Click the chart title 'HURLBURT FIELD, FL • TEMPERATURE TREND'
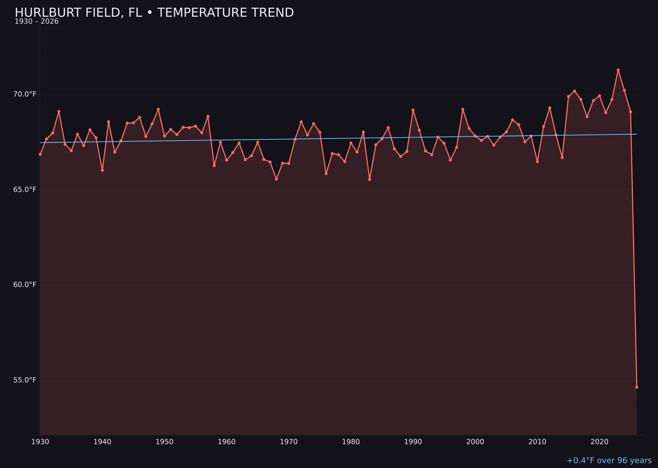tap(154, 13)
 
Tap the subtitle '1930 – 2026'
tap(37, 22)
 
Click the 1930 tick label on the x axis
tap(40, 442)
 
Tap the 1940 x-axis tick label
tap(102, 442)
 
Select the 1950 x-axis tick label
tap(164, 442)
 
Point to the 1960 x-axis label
tap(227, 442)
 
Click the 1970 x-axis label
tap(289, 442)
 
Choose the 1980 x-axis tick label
tap(351, 442)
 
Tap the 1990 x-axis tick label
tap(413, 442)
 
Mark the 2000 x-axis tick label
tap(475, 442)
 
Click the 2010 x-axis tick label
tap(537, 442)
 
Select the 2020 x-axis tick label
tap(600, 442)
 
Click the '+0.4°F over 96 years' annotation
tap(609, 461)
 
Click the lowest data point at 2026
tap(637, 387)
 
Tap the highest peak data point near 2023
tap(618, 70)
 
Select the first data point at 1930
tap(40, 154)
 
